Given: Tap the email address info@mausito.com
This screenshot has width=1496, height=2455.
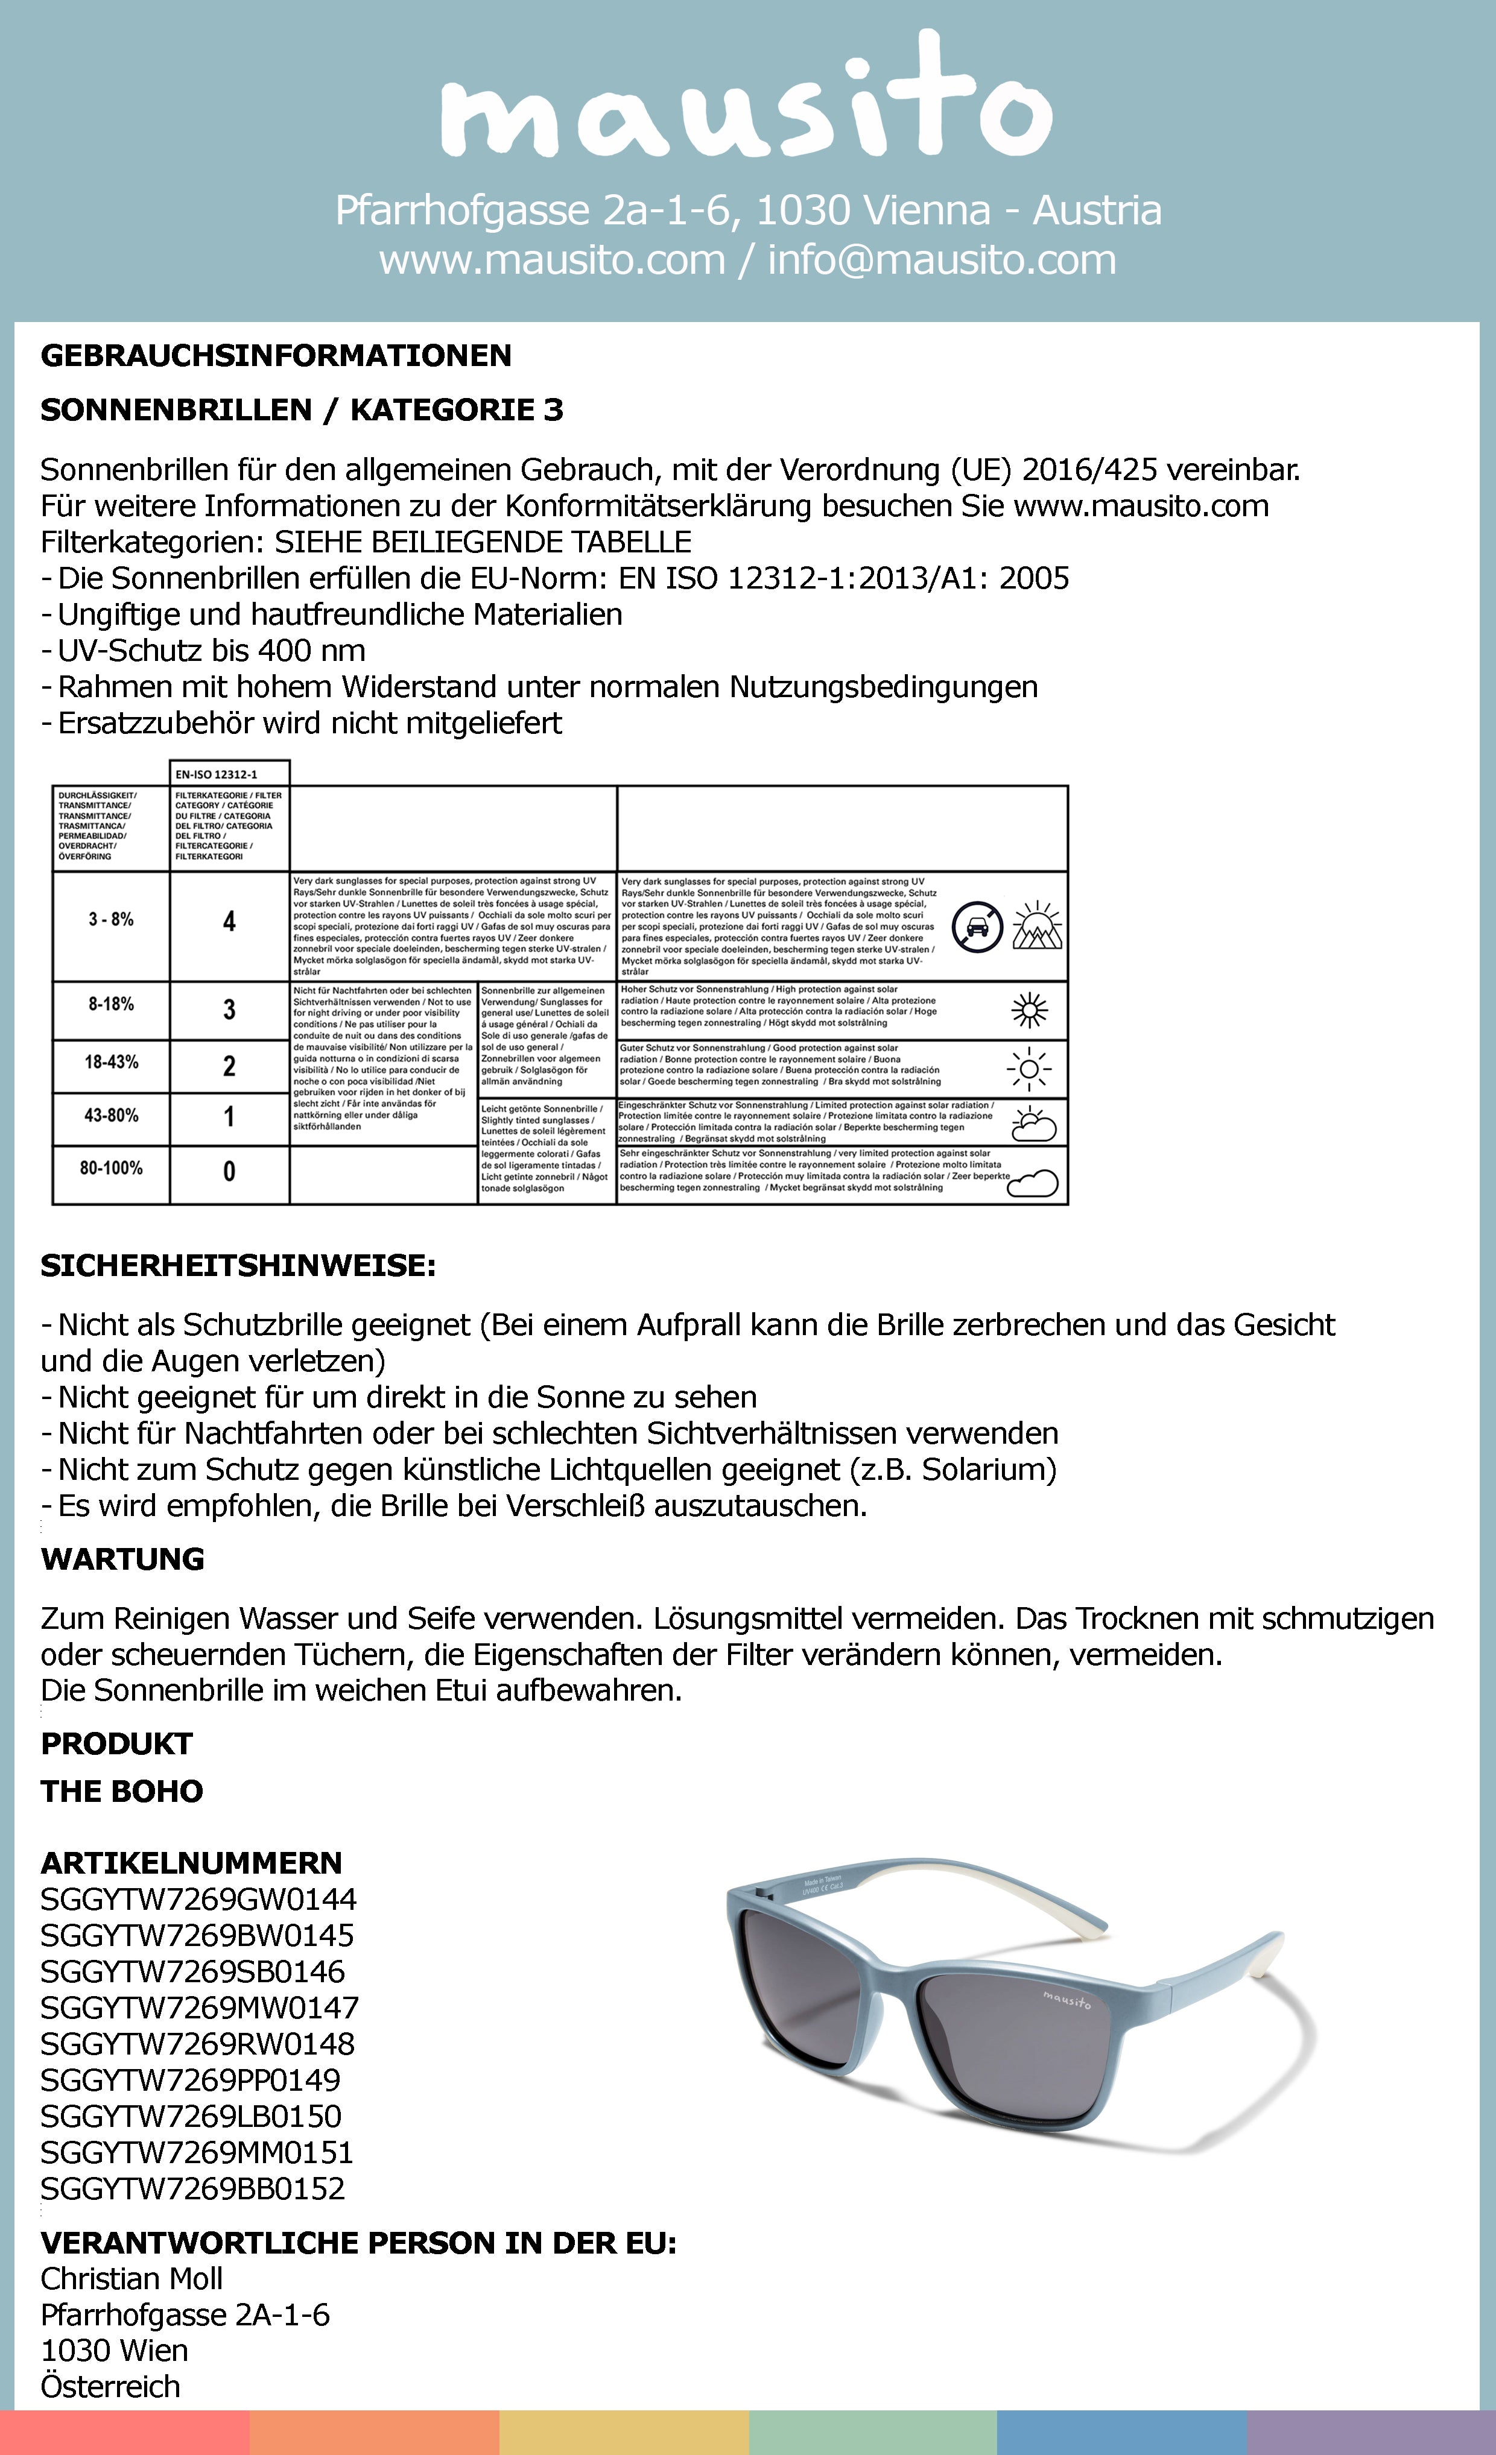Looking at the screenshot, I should (941, 260).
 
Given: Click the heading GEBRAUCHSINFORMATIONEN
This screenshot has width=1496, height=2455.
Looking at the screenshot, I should (276, 356).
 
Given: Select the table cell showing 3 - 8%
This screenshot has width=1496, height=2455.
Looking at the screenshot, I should (110, 918).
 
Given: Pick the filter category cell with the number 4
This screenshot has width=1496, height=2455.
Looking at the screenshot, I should (229, 921).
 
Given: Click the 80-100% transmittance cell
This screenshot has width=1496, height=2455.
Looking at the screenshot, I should (110, 1167).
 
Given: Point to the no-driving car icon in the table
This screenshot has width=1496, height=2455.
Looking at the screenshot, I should (977, 927).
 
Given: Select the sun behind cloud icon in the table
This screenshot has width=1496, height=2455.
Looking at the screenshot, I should (1033, 1124).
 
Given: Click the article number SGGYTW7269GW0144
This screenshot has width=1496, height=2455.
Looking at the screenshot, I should (198, 1899).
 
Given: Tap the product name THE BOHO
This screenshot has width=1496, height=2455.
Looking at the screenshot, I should (122, 1792).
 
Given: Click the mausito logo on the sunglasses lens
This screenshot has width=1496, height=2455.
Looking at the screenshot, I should (1067, 1998).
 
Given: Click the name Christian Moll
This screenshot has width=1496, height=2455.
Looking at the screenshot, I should (132, 2279).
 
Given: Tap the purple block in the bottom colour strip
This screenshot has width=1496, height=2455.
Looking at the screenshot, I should (1371, 2433).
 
